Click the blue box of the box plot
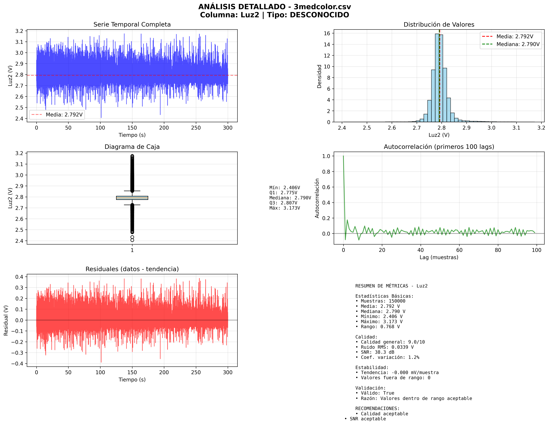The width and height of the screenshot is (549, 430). pyautogui.click(x=132, y=198)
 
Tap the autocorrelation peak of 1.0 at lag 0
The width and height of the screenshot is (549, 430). pyautogui.click(x=343, y=156)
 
